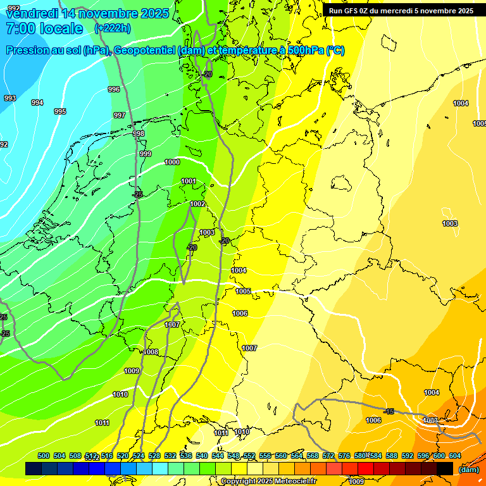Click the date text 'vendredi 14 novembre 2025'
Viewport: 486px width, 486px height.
87,13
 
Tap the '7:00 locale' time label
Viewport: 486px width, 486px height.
44,28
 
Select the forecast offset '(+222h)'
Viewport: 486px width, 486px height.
113,28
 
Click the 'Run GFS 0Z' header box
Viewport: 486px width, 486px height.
401,11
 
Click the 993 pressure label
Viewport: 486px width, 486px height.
10,98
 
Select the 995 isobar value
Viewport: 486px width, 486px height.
60,111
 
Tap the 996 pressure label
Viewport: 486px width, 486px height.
114,89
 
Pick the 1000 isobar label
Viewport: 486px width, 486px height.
172,162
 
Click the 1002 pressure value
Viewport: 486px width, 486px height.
197,204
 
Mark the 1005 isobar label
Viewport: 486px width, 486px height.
243,291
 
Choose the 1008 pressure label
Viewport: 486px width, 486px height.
151,352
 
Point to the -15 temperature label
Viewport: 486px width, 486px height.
389,411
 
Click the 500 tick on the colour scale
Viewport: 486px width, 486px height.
44,456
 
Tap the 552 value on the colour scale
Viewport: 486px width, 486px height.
249,456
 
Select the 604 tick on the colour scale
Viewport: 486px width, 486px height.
454,456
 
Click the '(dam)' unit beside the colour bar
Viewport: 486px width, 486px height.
468,470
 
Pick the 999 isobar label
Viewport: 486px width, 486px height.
146,154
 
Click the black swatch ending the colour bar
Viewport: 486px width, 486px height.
445,469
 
